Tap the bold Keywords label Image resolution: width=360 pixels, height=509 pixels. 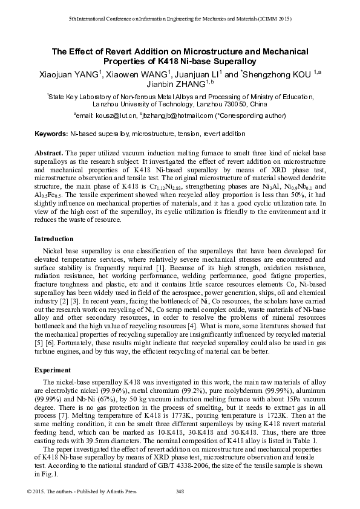[x=51, y=133]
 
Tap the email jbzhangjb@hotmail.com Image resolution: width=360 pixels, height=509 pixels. [x=178, y=115]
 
